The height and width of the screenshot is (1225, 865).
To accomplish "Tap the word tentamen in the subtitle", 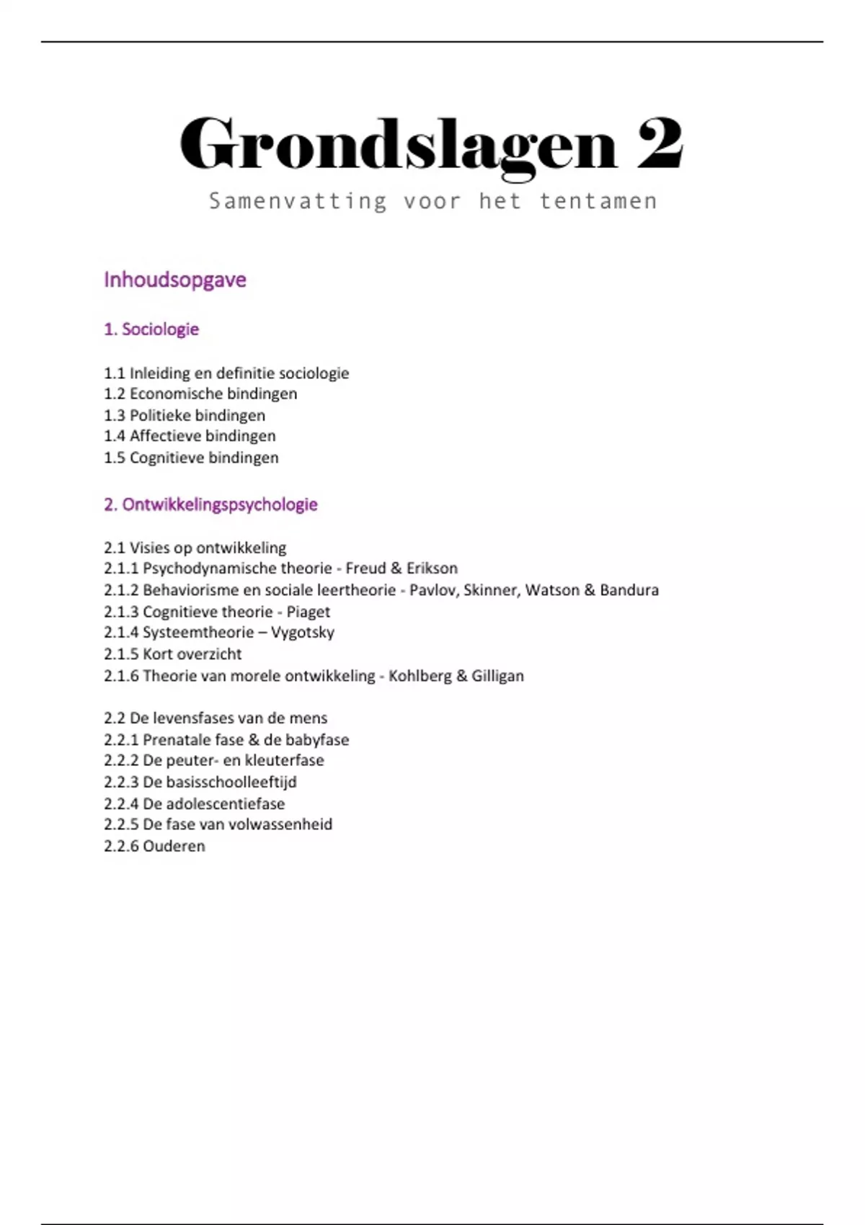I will [x=598, y=201].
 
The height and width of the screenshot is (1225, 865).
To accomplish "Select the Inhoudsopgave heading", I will [x=175, y=280].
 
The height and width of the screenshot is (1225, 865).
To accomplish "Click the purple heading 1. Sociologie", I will [x=151, y=329].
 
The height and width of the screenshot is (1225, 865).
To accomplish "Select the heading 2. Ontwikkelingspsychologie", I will [x=210, y=504].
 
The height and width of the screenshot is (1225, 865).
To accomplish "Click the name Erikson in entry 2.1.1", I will [x=432, y=569].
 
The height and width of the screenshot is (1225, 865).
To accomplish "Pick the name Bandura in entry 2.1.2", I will [x=629, y=590].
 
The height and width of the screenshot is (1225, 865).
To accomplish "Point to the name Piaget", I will [x=309, y=612].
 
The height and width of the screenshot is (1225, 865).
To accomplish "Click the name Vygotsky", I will [x=303, y=633].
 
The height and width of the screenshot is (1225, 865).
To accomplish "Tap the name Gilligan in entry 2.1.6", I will [x=497, y=676].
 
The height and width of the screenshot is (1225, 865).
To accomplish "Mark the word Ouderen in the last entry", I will [x=174, y=847].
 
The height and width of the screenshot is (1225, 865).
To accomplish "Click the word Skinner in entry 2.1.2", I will [x=491, y=590].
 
